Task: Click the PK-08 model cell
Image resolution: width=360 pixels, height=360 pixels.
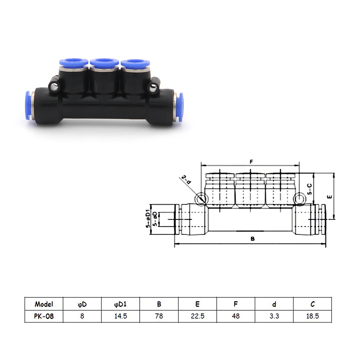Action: [x=44, y=316]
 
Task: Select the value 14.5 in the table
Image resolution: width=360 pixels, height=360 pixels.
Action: [x=121, y=316]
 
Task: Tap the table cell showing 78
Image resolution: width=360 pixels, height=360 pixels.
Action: [x=159, y=316]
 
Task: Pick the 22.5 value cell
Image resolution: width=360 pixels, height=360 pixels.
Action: [x=197, y=316]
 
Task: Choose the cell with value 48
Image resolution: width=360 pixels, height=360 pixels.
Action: [x=236, y=316]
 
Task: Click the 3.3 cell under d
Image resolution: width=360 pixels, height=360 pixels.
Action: [x=274, y=316]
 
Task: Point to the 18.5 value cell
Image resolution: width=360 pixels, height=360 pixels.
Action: [x=312, y=316]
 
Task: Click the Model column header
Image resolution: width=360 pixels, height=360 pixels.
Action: [x=44, y=304]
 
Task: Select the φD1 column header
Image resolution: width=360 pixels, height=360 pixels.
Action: [x=121, y=304]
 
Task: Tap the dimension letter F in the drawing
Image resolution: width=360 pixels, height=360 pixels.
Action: [x=251, y=162]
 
